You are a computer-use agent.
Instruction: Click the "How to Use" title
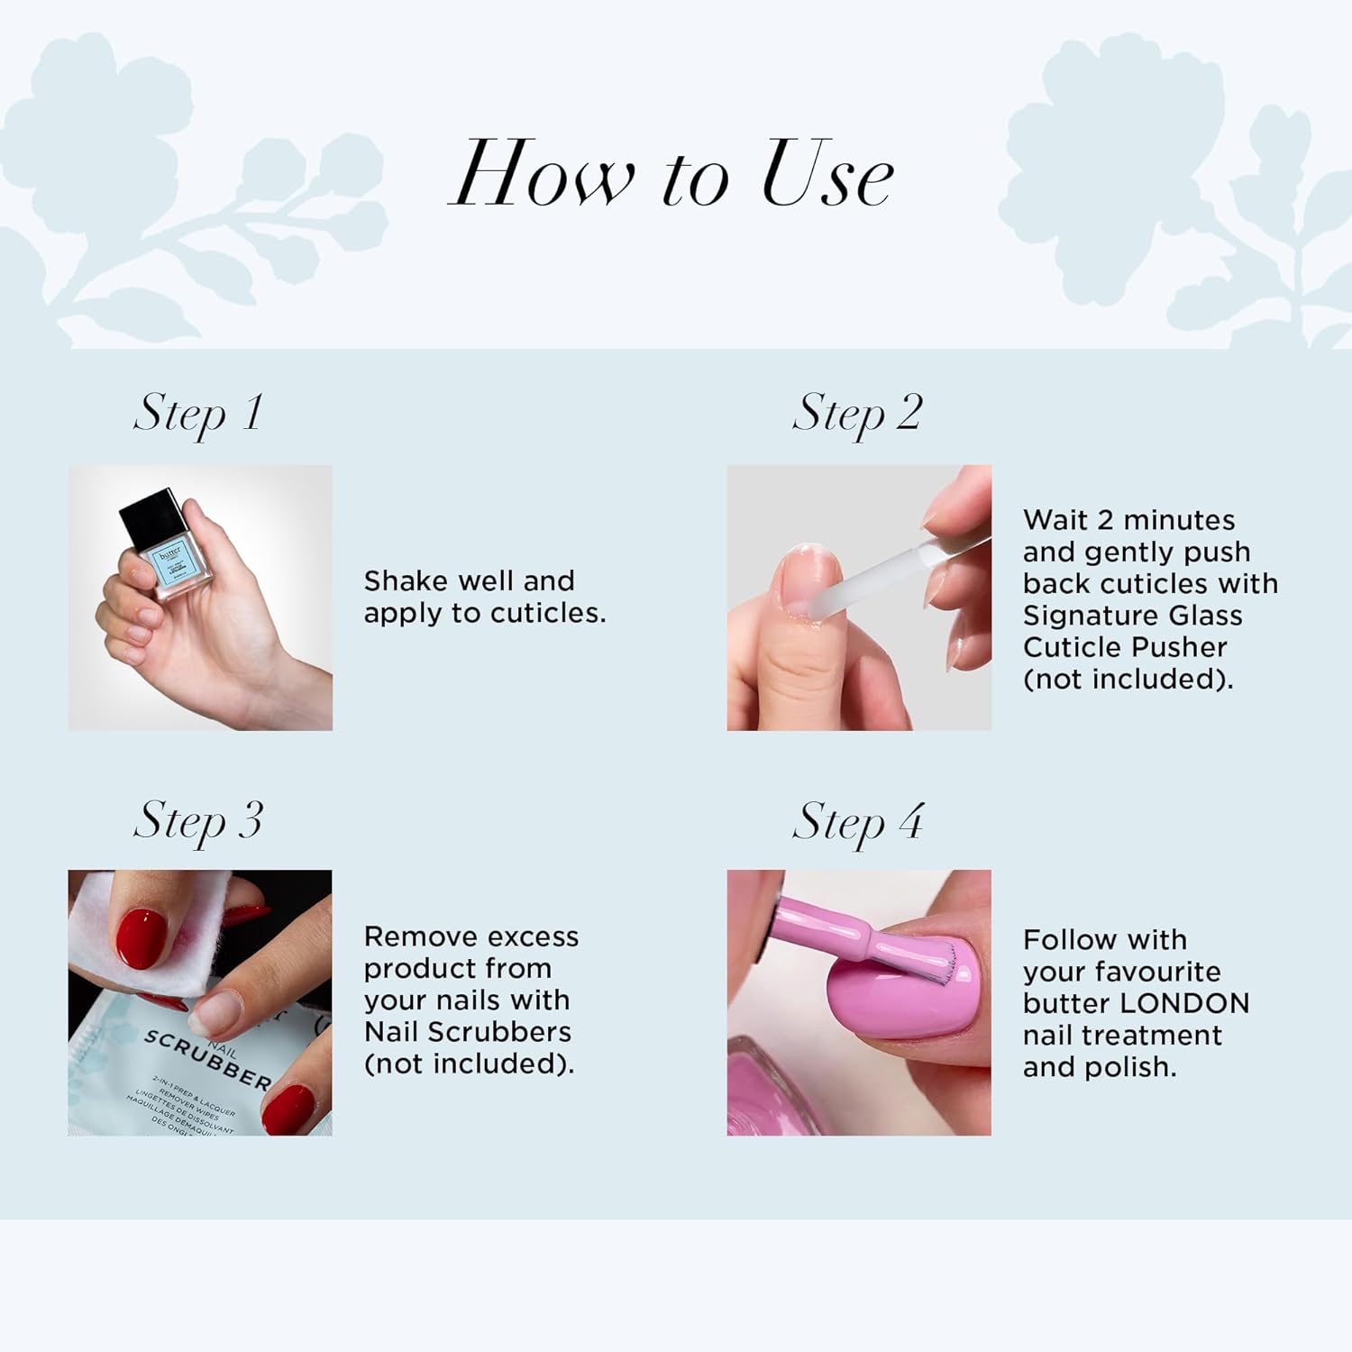[671, 175]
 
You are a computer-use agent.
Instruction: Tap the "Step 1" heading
[198, 415]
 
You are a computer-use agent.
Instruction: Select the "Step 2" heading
[857, 415]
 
